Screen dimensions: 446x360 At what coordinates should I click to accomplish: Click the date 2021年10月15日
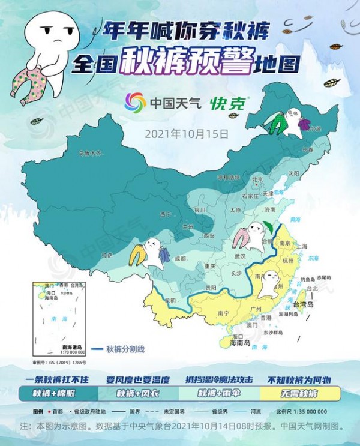[x=187, y=133]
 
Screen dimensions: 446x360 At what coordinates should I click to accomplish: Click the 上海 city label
[x=302, y=246]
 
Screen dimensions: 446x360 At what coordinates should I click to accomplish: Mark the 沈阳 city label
[x=293, y=173]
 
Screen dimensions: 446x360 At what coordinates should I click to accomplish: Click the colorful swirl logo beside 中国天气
[x=135, y=103]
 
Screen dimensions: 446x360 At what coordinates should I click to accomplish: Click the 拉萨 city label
[x=107, y=256]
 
